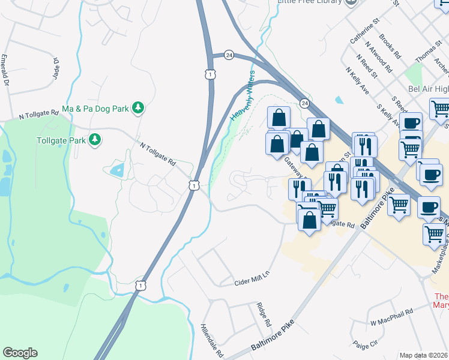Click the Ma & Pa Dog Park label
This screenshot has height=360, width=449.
coord(95,109)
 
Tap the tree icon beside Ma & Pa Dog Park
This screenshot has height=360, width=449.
coord(139,108)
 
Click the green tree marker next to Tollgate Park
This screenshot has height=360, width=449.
coord(94,140)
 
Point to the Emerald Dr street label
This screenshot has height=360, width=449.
coord(5,70)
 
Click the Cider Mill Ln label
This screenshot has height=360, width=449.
coord(252,278)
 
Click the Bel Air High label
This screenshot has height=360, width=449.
coord(428,89)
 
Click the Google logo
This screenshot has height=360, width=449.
coord(20,353)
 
